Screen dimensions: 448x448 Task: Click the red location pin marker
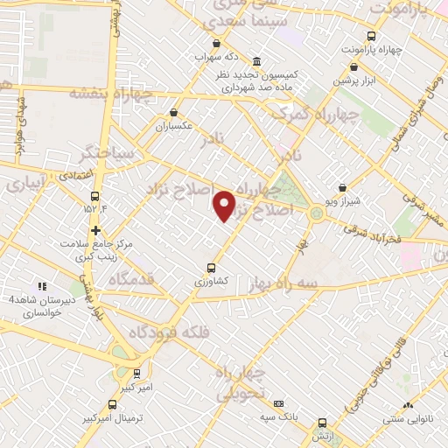pyautogui.click(x=225, y=206)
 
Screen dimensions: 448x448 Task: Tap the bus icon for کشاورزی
pyautogui.click(x=211, y=269)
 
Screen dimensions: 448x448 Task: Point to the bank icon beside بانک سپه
pyautogui.click(x=278, y=403)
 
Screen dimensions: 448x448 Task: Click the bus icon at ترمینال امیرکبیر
pyautogui.click(x=112, y=404)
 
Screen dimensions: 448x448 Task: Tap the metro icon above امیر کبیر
pyautogui.click(x=136, y=373)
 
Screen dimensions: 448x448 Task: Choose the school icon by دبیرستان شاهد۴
pyautogui.click(x=39, y=286)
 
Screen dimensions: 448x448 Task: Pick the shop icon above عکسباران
pyautogui.click(x=174, y=112)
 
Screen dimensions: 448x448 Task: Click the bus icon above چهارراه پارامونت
pyautogui.click(x=372, y=36)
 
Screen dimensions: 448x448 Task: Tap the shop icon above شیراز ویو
pyautogui.click(x=342, y=186)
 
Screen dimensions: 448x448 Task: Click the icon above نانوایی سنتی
pyautogui.click(x=408, y=405)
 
